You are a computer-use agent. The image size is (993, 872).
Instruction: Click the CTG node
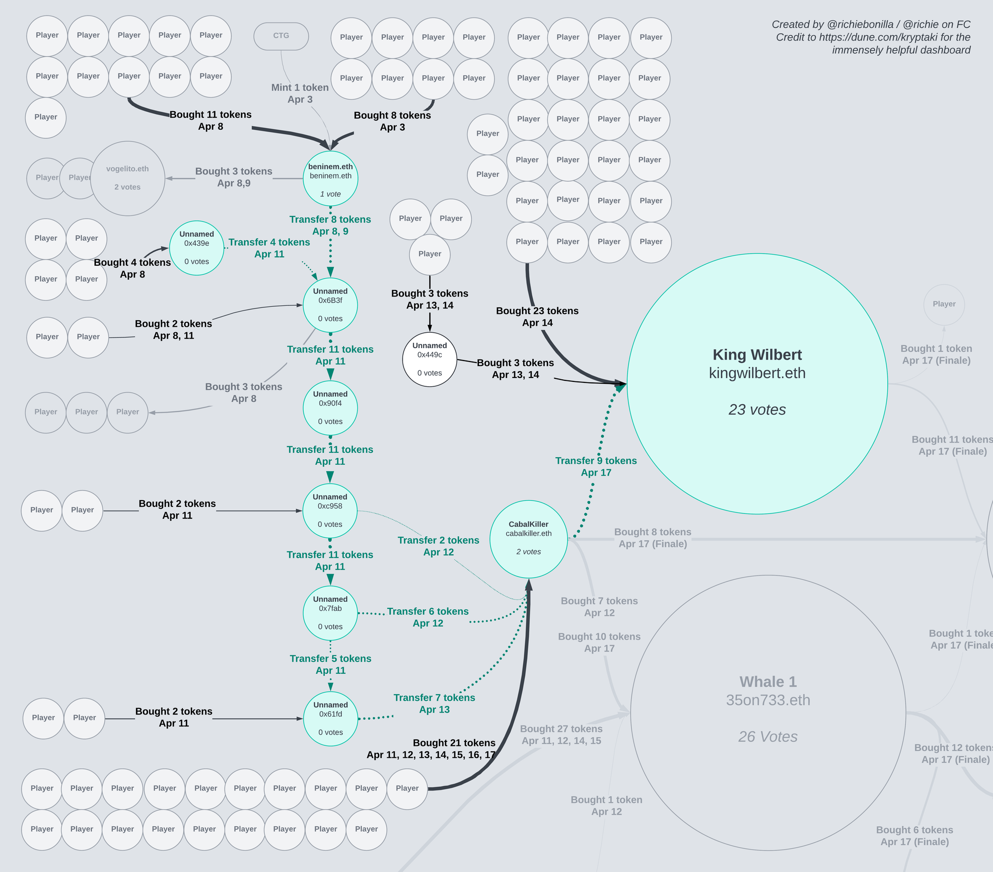click(x=281, y=36)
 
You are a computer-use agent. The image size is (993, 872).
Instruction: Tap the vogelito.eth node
click(x=128, y=178)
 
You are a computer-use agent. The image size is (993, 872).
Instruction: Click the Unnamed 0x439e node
click(x=197, y=248)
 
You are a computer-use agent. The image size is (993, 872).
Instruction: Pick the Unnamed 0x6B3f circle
click(x=330, y=305)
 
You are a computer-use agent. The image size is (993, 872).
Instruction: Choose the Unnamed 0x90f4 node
click(x=330, y=408)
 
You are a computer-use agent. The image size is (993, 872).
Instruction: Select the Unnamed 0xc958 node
click(x=330, y=510)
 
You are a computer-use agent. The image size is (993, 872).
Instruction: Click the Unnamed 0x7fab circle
click(x=330, y=613)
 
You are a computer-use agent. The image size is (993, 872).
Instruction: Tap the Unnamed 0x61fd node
click(x=330, y=719)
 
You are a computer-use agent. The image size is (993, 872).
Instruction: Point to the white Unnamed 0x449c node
click(x=429, y=359)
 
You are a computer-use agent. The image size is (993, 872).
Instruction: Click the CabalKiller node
click(x=528, y=539)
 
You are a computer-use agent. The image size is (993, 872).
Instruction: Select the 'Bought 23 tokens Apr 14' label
click(x=537, y=317)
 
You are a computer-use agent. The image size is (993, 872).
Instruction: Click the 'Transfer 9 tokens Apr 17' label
click(x=596, y=467)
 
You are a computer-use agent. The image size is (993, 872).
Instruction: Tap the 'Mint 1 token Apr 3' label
click(x=300, y=93)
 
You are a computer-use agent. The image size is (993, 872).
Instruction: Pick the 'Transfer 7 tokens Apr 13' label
click(x=434, y=704)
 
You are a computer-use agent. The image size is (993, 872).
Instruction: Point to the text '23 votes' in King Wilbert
click(x=757, y=410)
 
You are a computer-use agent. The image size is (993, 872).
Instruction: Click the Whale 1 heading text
click(x=768, y=682)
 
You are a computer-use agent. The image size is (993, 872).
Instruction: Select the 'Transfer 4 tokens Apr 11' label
click(x=269, y=248)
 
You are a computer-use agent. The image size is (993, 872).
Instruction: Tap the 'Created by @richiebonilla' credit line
click(x=871, y=24)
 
